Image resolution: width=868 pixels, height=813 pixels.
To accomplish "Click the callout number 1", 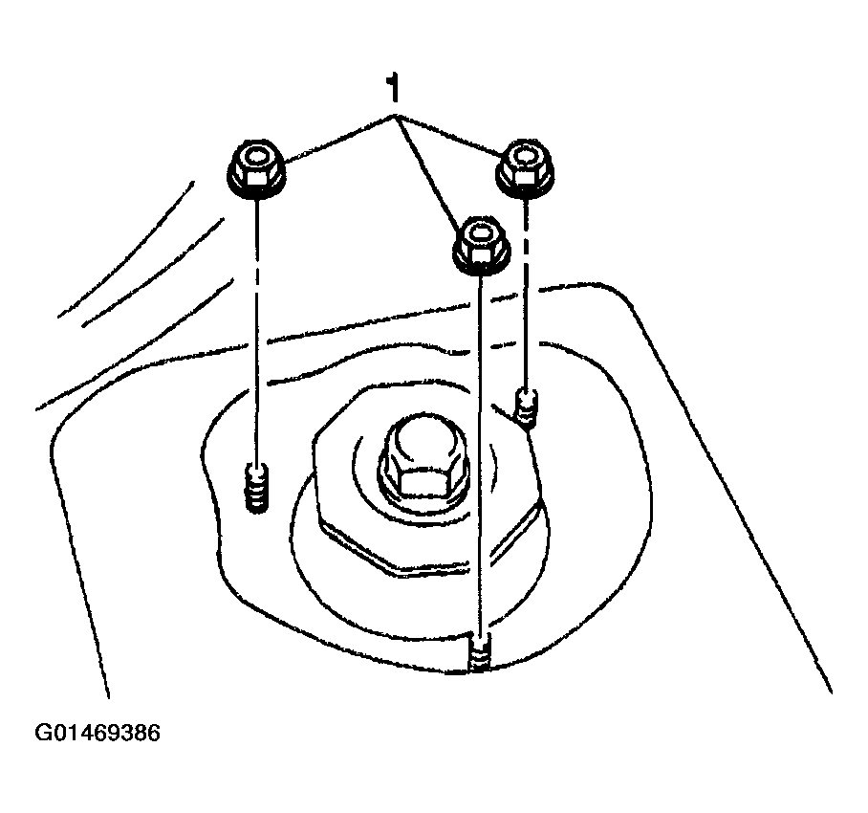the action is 393,88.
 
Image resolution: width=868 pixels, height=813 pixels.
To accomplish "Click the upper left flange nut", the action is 256,169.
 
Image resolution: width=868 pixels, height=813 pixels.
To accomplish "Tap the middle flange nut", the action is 481,246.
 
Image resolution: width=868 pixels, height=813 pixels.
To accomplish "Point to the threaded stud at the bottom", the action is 479,653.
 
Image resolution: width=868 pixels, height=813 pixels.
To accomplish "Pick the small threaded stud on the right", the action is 526,407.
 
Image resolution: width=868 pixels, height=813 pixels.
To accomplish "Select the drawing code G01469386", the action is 98,734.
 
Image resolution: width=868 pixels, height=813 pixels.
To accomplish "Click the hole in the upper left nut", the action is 257,158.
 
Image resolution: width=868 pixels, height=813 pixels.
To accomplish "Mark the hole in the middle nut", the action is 481,233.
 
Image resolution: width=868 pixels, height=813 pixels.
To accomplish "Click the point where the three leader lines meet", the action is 394,117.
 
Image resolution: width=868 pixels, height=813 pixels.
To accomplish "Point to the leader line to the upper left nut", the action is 339,139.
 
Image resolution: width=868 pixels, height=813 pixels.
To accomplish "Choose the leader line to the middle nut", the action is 427,170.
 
